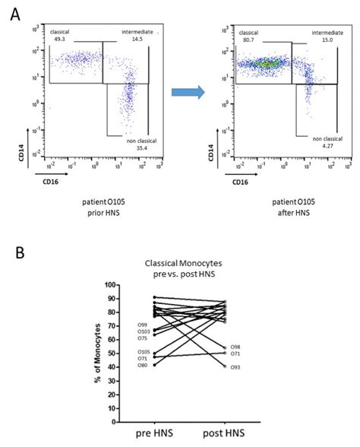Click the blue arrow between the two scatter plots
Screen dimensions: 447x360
[185, 93]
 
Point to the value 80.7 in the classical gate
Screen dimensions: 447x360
[247, 40]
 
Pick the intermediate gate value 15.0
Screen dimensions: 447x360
[328, 40]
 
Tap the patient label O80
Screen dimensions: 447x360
[121, 366]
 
